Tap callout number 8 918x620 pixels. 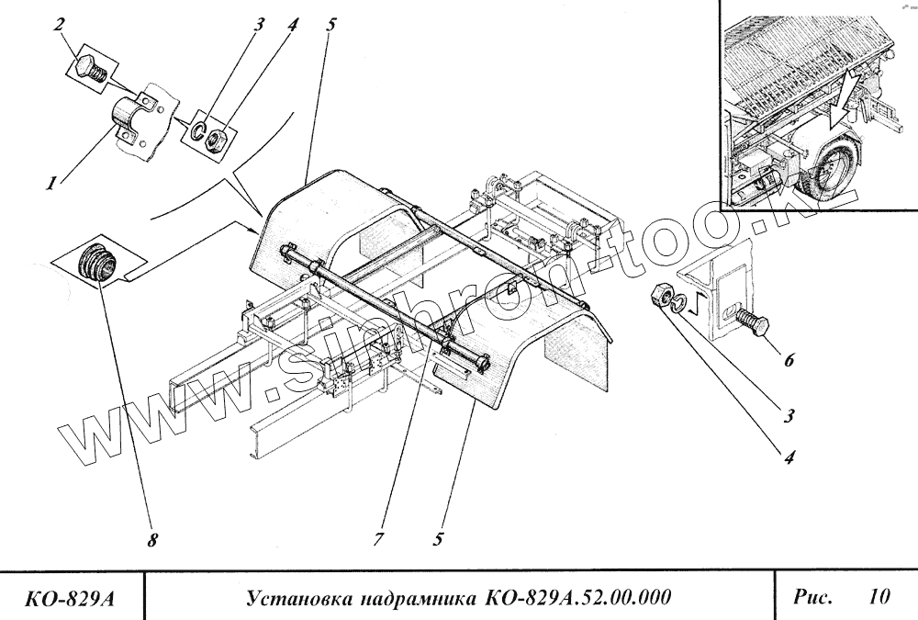point(152,540)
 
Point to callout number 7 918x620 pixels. point(377,540)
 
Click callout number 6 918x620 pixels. point(787,361)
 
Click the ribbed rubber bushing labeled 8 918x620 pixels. point(97,261)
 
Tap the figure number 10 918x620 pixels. point(879,597)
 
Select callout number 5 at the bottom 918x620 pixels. point(439,540)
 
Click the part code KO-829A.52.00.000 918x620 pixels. point(574,598)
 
